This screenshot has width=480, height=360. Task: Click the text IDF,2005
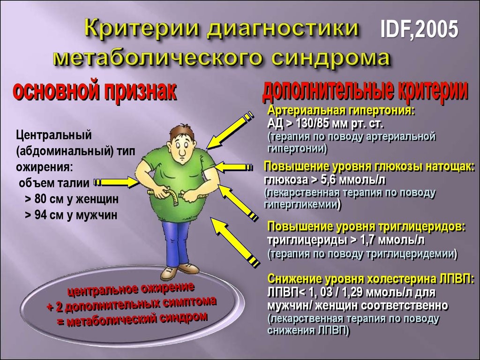pyautogui.click(x=419, y=29)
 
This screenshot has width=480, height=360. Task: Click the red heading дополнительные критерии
pyautogui.click(x=366, y=90)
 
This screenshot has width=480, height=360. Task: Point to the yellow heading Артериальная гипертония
pyautogui.click(x=341, y=110)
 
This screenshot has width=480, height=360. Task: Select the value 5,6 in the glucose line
pyautogui.click(x=330, y=180)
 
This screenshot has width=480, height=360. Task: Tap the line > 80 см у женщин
pyautogui.click(x=72, y=199)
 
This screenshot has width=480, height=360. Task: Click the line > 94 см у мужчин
pyautogui.click(x=71, y=215)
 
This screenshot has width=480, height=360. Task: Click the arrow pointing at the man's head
pyautogui.click(x=230, y=130)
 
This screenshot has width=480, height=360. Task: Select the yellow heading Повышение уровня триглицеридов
pyautogui.click(x=367, y=227)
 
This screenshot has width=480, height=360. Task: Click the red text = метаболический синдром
pyautogui.click(x=132, y=320)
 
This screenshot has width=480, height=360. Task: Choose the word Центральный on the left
pyautogui.click(x=53, y=135)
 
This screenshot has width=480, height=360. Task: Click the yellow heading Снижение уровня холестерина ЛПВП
pyautogui.click(x=371, y=279)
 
